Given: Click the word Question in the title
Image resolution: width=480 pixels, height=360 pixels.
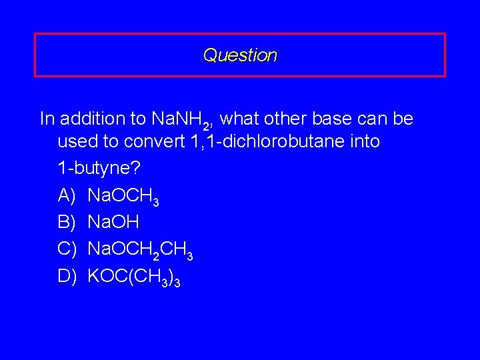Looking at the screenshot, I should pos(240,55).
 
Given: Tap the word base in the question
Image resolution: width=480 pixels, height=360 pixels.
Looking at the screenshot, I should pos(325,119).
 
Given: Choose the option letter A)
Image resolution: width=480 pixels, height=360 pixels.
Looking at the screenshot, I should pos(68,195).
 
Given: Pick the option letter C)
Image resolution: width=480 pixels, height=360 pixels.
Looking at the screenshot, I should pos(68,249).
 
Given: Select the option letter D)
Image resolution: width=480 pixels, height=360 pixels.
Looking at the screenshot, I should pos(68,275).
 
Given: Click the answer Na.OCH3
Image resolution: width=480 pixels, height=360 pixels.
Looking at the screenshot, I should pos(123,196).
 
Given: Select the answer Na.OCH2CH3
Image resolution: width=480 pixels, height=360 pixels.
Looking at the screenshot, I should pos(140,249).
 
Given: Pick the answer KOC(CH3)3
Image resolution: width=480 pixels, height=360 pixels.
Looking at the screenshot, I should pos(133,276).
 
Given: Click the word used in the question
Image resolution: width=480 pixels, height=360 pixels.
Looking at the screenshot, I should pos(75,142).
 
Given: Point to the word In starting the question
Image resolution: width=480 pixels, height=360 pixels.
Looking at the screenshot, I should pos(47,119).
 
